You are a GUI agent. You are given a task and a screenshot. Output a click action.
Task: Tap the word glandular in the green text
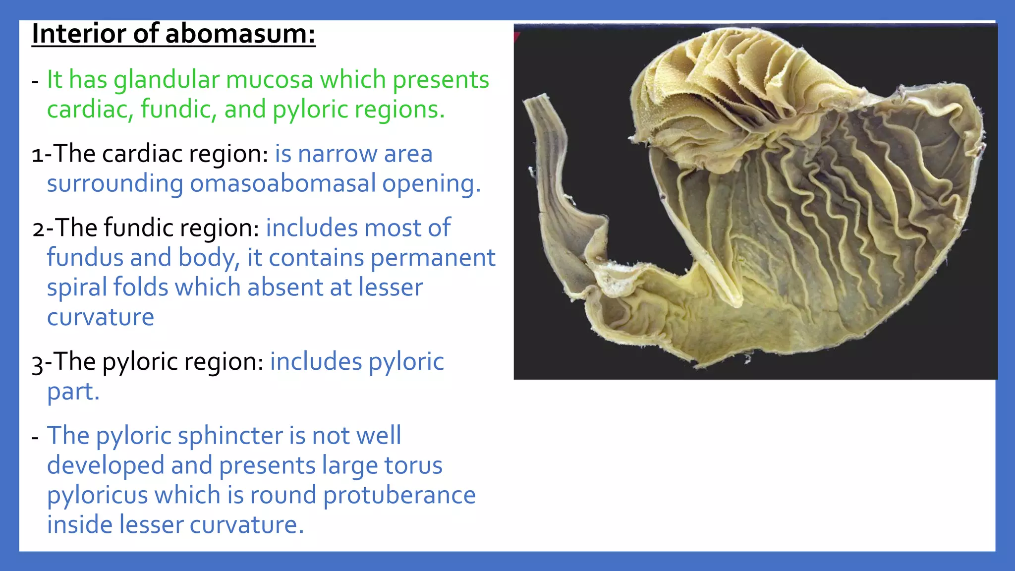[x=167, y=80]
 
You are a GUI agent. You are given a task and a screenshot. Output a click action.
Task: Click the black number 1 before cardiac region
[x=37, y=155]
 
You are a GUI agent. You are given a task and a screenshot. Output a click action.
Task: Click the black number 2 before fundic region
[x=38, y=229]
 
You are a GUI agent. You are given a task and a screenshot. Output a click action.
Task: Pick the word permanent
[x=433, y=258]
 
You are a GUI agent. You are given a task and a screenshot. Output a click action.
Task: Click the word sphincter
[x=230, y=436]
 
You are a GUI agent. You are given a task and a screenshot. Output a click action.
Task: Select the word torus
[x=413, y=465]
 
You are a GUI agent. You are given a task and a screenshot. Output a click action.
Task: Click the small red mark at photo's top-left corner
[x=516, y=36]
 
